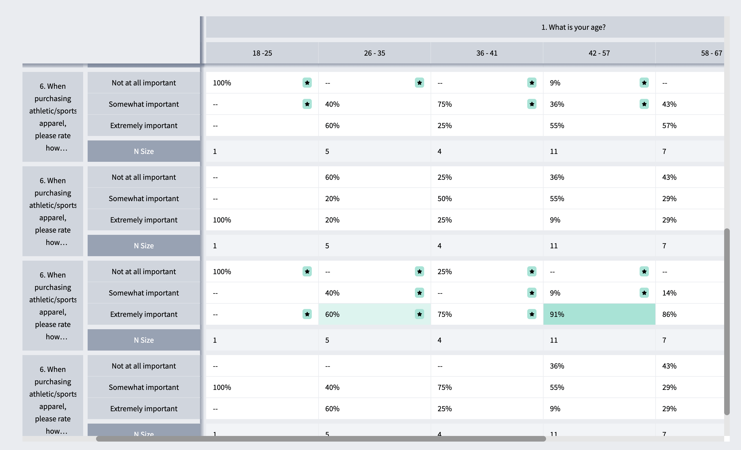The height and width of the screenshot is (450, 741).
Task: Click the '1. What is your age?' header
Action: click(573, 27)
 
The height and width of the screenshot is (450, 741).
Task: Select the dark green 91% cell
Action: click(599, 314)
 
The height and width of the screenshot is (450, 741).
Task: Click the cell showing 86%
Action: click(690, 314)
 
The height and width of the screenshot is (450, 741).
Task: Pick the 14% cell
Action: click(690, 293)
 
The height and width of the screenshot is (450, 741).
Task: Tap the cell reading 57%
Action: click(690, 126)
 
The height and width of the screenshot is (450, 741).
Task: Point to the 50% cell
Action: click(487, 199)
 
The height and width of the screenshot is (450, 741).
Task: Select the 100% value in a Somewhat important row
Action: click(222, 387)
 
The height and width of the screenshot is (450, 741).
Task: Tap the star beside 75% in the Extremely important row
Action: click(532, 314)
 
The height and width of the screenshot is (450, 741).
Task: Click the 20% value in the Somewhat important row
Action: click(332, 199)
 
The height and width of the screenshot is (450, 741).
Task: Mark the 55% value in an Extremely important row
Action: click(557, 126)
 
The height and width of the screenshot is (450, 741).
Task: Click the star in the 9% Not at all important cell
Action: click(644, 83)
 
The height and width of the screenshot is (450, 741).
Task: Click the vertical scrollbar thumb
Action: click(727, 322)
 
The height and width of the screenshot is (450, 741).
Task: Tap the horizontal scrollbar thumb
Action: click(321, 439)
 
